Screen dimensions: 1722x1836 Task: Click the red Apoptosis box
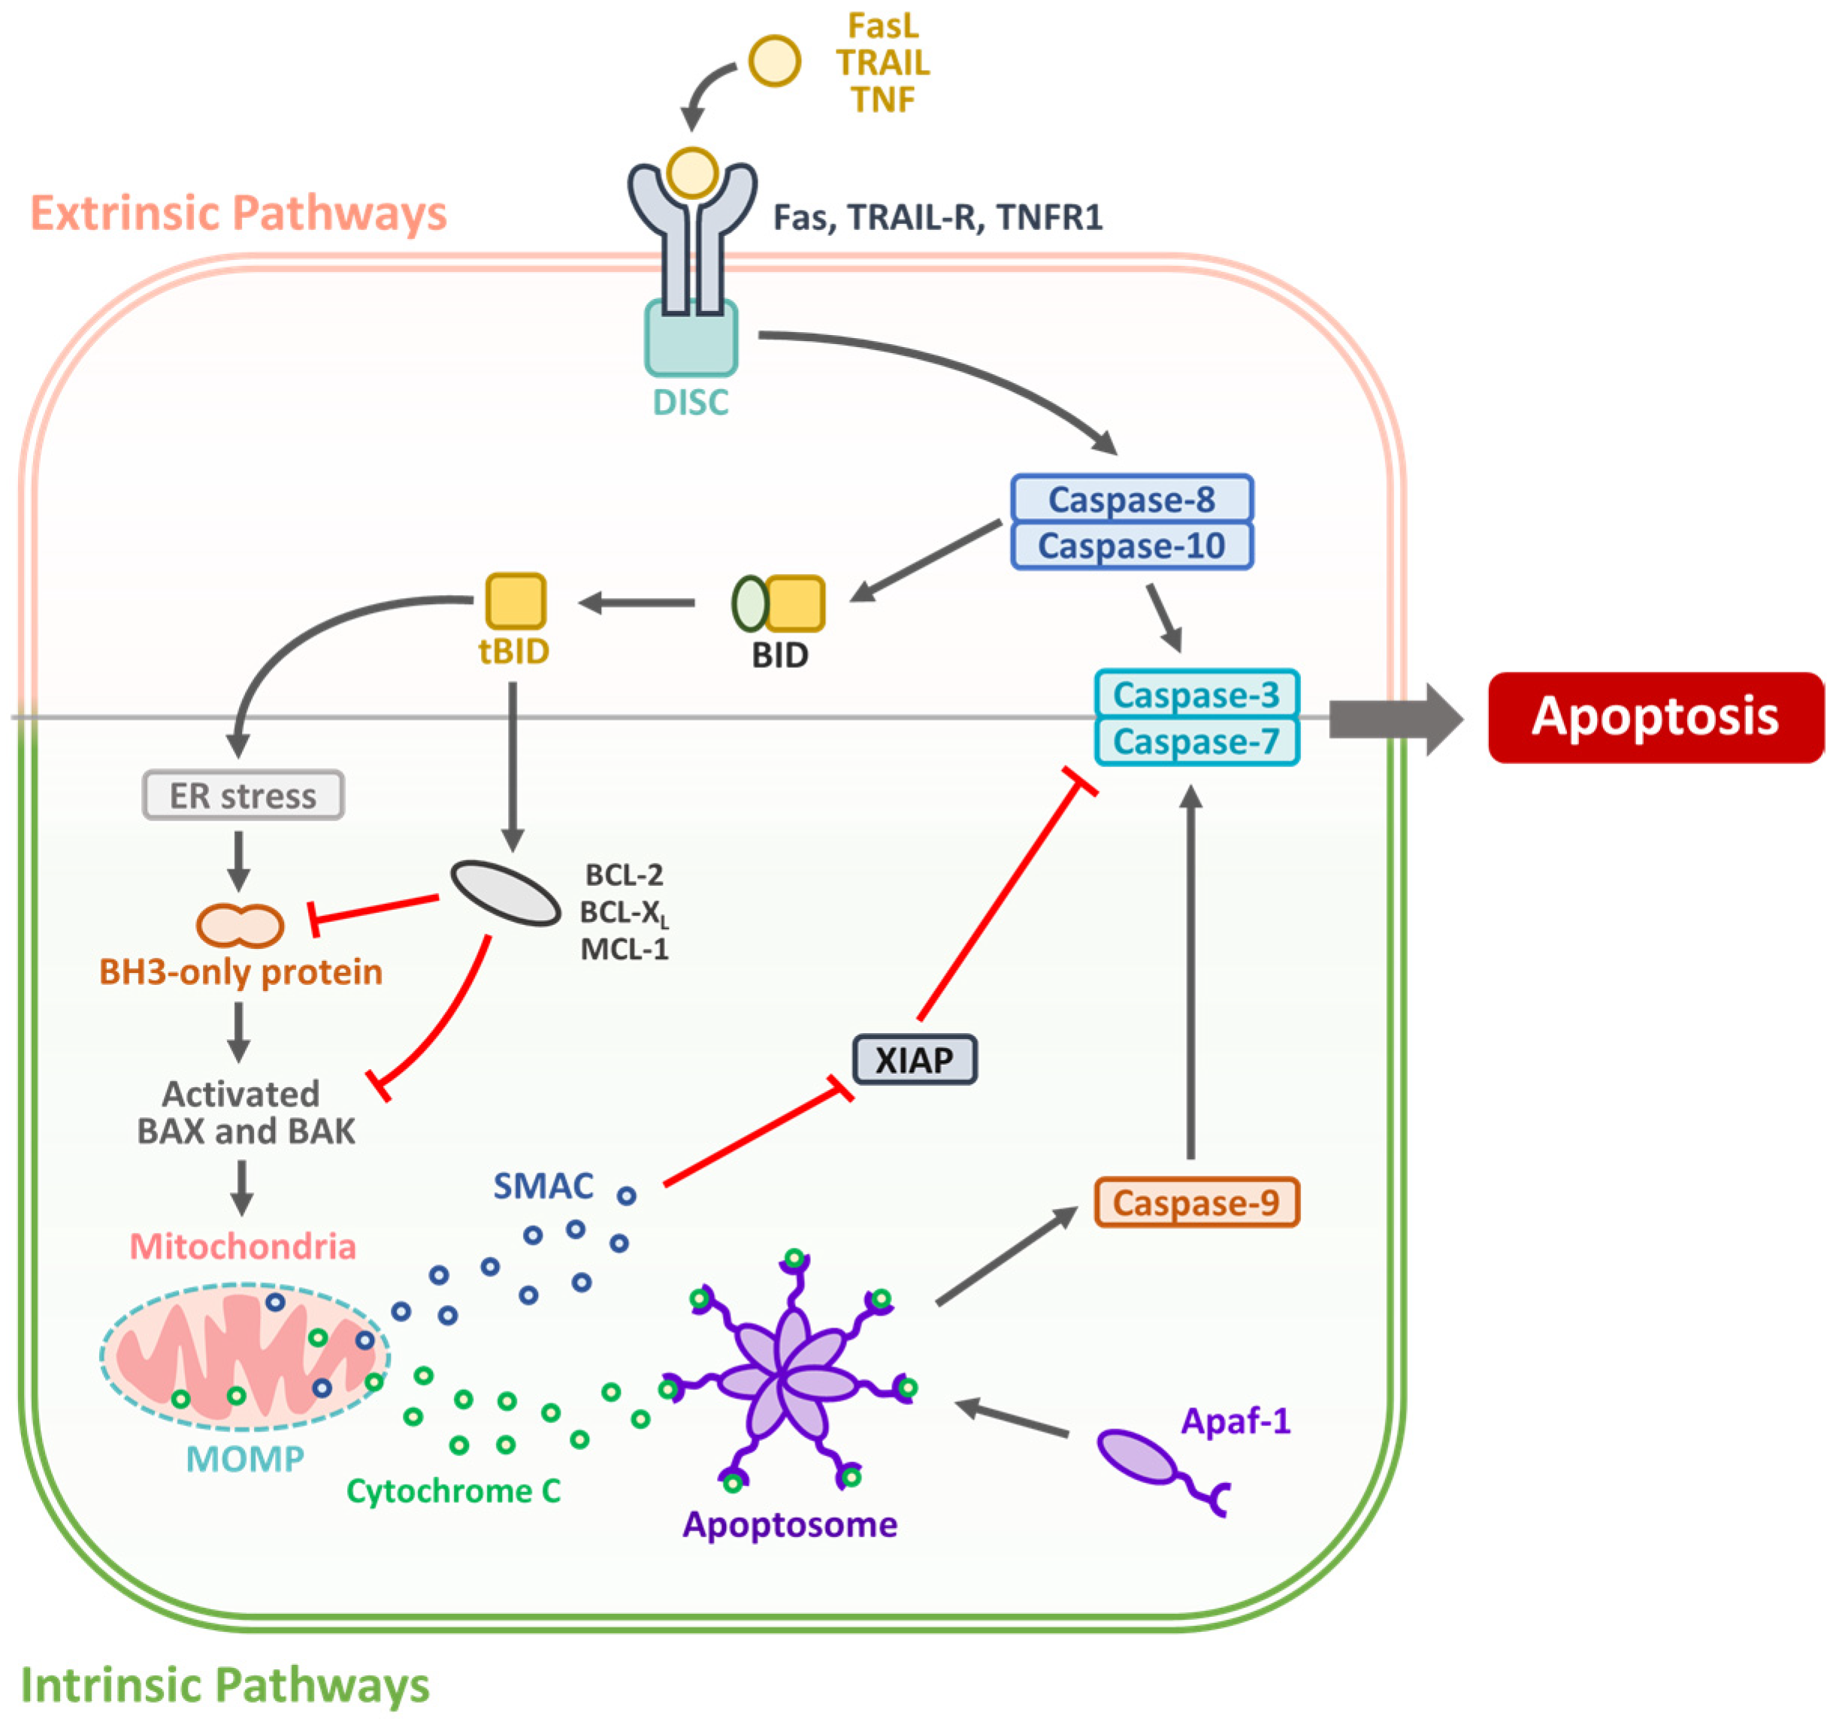[1655, 717]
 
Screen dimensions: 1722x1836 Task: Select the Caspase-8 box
[1131, 500]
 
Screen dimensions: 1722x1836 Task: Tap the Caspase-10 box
[1131, 545]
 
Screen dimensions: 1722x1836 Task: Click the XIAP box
[913, 1059]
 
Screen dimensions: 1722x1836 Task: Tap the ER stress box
[243, 795]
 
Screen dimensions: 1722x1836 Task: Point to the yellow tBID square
[516, 601]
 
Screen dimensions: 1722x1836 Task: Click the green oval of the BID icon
[749, 604]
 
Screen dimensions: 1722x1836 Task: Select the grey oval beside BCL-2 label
[505, 893]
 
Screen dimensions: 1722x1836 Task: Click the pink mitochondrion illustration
[245, 1352]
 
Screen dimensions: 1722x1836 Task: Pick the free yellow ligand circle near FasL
[774, 62]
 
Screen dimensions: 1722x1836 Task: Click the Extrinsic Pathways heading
[238, 213]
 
